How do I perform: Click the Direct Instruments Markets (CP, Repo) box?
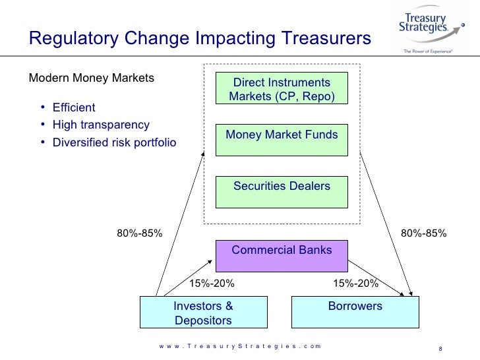(x=282, y=90)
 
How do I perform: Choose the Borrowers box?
(x=355, y=311)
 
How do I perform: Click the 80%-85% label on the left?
(x=140, y=233)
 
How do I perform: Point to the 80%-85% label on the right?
(x=424, y=233)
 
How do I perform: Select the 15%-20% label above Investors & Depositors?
(x=212, y=284)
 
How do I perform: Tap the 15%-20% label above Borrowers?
(x=356, y=284)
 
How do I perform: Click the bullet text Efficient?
(x=74, y=108)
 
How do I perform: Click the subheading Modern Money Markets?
(x=92, y=78)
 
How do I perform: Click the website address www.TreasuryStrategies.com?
(x=240, y=346)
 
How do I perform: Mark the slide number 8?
(x=440, y=349)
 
